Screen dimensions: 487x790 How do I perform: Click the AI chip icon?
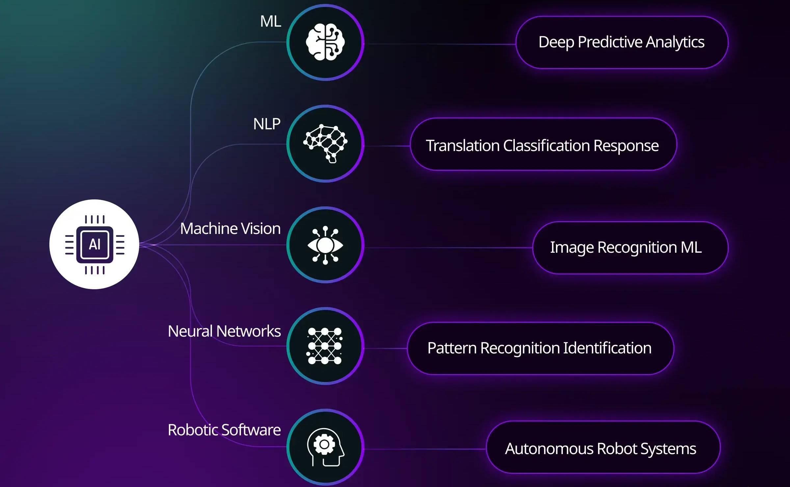(x=94, y=244)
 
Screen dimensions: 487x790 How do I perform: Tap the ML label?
(x=271, y=21)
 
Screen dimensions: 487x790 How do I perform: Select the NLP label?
(x=267, y=124)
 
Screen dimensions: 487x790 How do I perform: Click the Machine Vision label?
(x=230, y=228)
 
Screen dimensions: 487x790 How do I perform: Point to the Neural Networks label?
(x=224, y=331)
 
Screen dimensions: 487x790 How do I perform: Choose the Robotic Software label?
(x=224, y=430)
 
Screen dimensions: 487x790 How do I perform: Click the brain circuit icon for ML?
(x=325, y=42)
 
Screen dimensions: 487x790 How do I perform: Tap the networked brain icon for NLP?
(x=325, y=143)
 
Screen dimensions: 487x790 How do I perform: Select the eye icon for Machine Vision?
(x=325, y=245)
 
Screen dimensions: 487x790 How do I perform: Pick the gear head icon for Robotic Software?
(x=325, y=447)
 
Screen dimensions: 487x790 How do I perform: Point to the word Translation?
(x=462, y=146)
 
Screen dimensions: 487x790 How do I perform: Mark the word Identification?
(x=607, y=348)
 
